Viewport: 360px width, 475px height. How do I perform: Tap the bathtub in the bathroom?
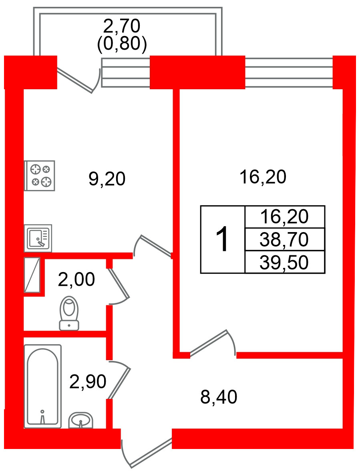[42, 386]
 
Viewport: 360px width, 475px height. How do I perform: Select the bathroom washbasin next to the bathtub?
[81, 421]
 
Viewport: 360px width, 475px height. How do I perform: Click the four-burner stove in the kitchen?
[39, 176]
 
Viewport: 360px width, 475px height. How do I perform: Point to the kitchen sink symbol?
[38, 238]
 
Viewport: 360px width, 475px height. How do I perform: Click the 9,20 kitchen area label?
[107, 179]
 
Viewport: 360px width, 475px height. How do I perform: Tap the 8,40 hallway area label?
[219, 397]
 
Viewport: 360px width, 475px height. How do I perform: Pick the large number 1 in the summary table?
[222, 239]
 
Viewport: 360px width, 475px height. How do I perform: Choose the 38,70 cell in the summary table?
[284, 240]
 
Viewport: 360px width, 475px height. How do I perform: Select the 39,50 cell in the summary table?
[284, 263]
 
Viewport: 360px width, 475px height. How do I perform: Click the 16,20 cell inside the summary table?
[284, 217]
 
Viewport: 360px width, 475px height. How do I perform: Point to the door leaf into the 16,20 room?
[209, 343]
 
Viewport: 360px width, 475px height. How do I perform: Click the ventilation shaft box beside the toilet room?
[32, 275]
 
